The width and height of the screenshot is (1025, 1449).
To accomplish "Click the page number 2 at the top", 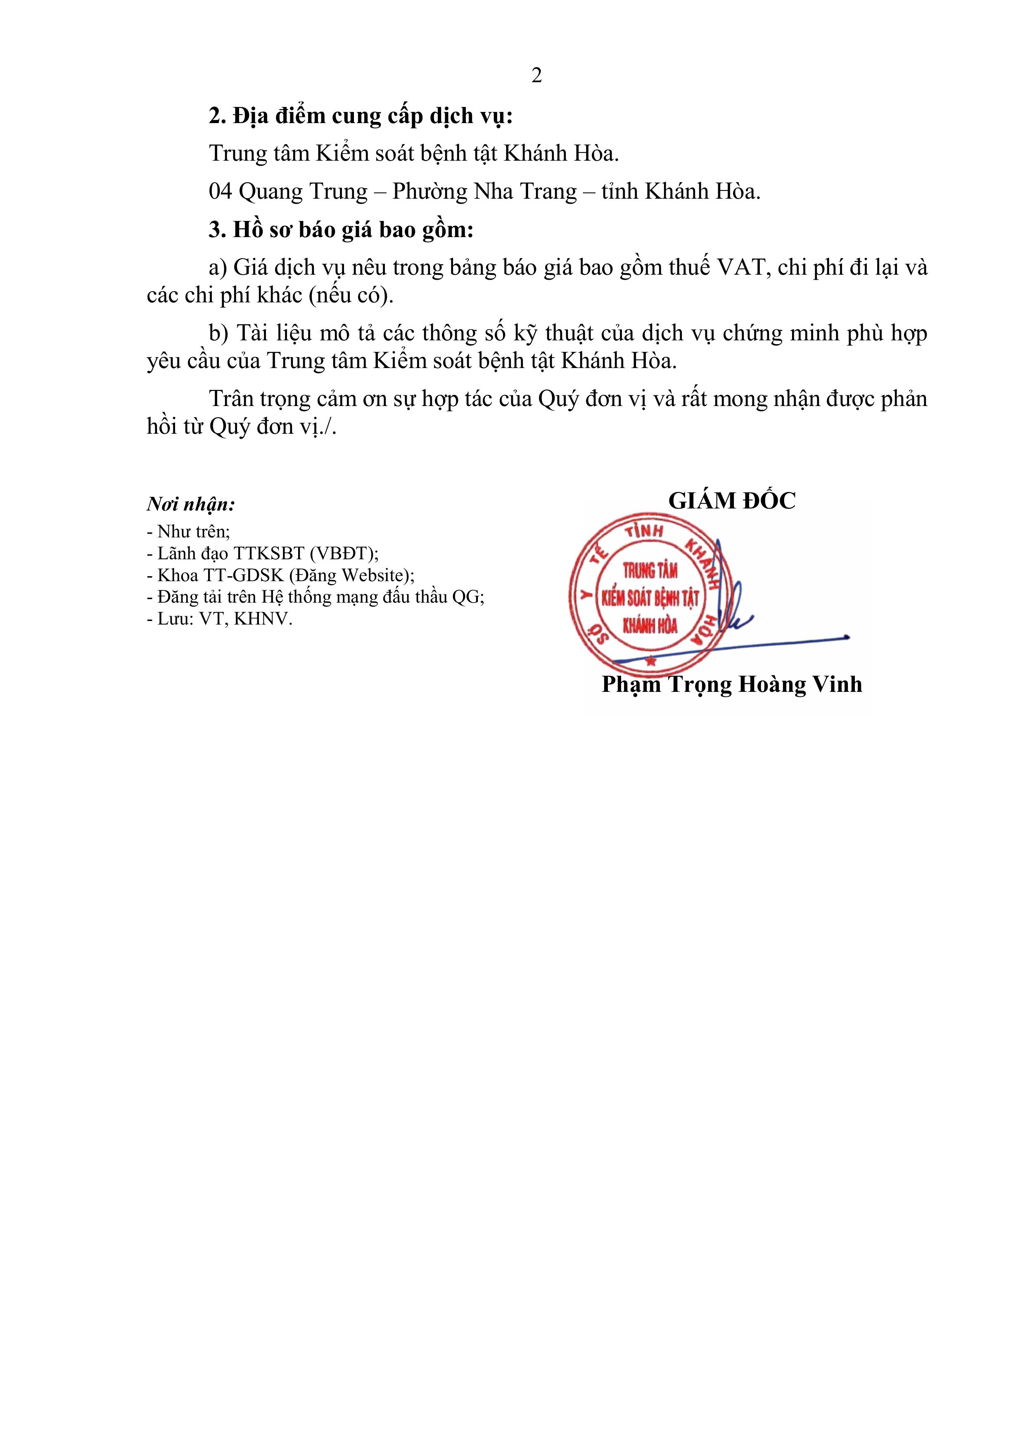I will tap(536, 76).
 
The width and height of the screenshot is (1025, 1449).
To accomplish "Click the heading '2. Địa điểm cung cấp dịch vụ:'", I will tap(361, 116).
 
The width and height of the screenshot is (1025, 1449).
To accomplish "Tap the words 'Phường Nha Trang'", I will tap(484, 191).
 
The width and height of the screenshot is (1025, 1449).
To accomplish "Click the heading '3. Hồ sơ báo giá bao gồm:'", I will tap(341, 230).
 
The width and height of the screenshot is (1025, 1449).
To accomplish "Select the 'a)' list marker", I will tap(218, 268).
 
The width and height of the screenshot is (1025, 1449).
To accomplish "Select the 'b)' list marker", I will tap(218, 333).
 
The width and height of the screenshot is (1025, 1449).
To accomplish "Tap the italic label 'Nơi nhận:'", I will tap(191, 504).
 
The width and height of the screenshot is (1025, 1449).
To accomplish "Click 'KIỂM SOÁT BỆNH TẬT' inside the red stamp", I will tap(650, 597).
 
